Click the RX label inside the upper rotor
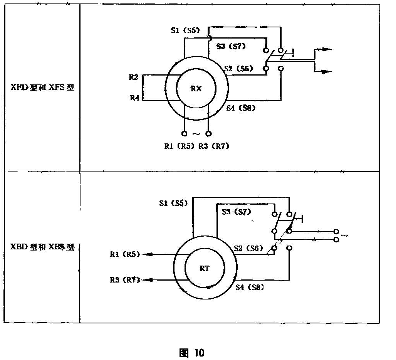196,89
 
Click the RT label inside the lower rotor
205,269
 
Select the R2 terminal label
134,77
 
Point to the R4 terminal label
134,98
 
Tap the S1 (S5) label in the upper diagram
185,30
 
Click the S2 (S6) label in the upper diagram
238,68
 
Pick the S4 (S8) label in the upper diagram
241,108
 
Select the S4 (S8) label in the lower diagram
250,287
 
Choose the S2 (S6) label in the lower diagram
248,249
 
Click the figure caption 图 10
192,352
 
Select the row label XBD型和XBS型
42,247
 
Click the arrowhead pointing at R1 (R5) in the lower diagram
147,254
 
